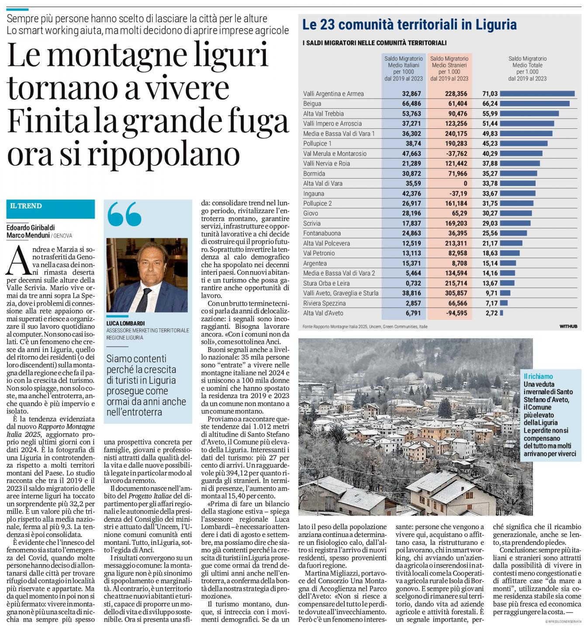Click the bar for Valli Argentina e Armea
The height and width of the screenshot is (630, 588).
click(537, 93)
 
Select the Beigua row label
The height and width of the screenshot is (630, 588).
click(312, 103)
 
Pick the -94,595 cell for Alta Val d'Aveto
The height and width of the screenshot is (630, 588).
click(454, 313)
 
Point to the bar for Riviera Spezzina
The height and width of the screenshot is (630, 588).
click(504, 303)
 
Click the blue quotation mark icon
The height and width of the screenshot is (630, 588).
click(124, 214)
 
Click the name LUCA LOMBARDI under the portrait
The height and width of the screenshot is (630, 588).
click(125, 324)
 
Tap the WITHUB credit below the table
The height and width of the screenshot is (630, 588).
click(568, 327)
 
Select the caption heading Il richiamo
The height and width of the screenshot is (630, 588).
click(538, 376)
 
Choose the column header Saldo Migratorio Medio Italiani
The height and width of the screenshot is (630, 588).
click(403, 69)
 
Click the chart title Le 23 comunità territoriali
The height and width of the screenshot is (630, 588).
click(409, 24)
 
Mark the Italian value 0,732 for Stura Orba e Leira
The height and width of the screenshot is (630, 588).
click(413, 283)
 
